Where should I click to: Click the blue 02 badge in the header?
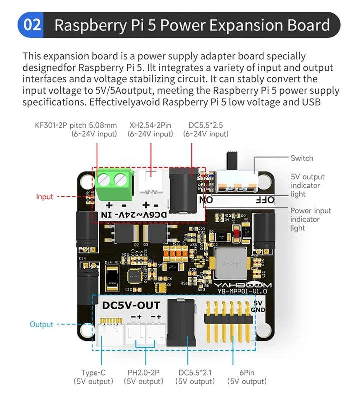pyautogui.click(x=32, y=25)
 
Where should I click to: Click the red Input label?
pyautogui.click(x=44, y=197)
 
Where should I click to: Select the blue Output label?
pyautogui.click(x=41, y=324)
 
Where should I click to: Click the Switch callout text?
pyautogui.click(x=302, y=158)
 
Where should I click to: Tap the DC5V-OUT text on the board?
pyautogui.click(x=131, y=305)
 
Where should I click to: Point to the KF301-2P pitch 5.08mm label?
pyautogui.click(x=76, y=125)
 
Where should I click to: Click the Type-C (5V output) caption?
pyautogui.click(x=93, y=377)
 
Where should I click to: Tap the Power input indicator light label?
pyautogui.click(x=310, y=219)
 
